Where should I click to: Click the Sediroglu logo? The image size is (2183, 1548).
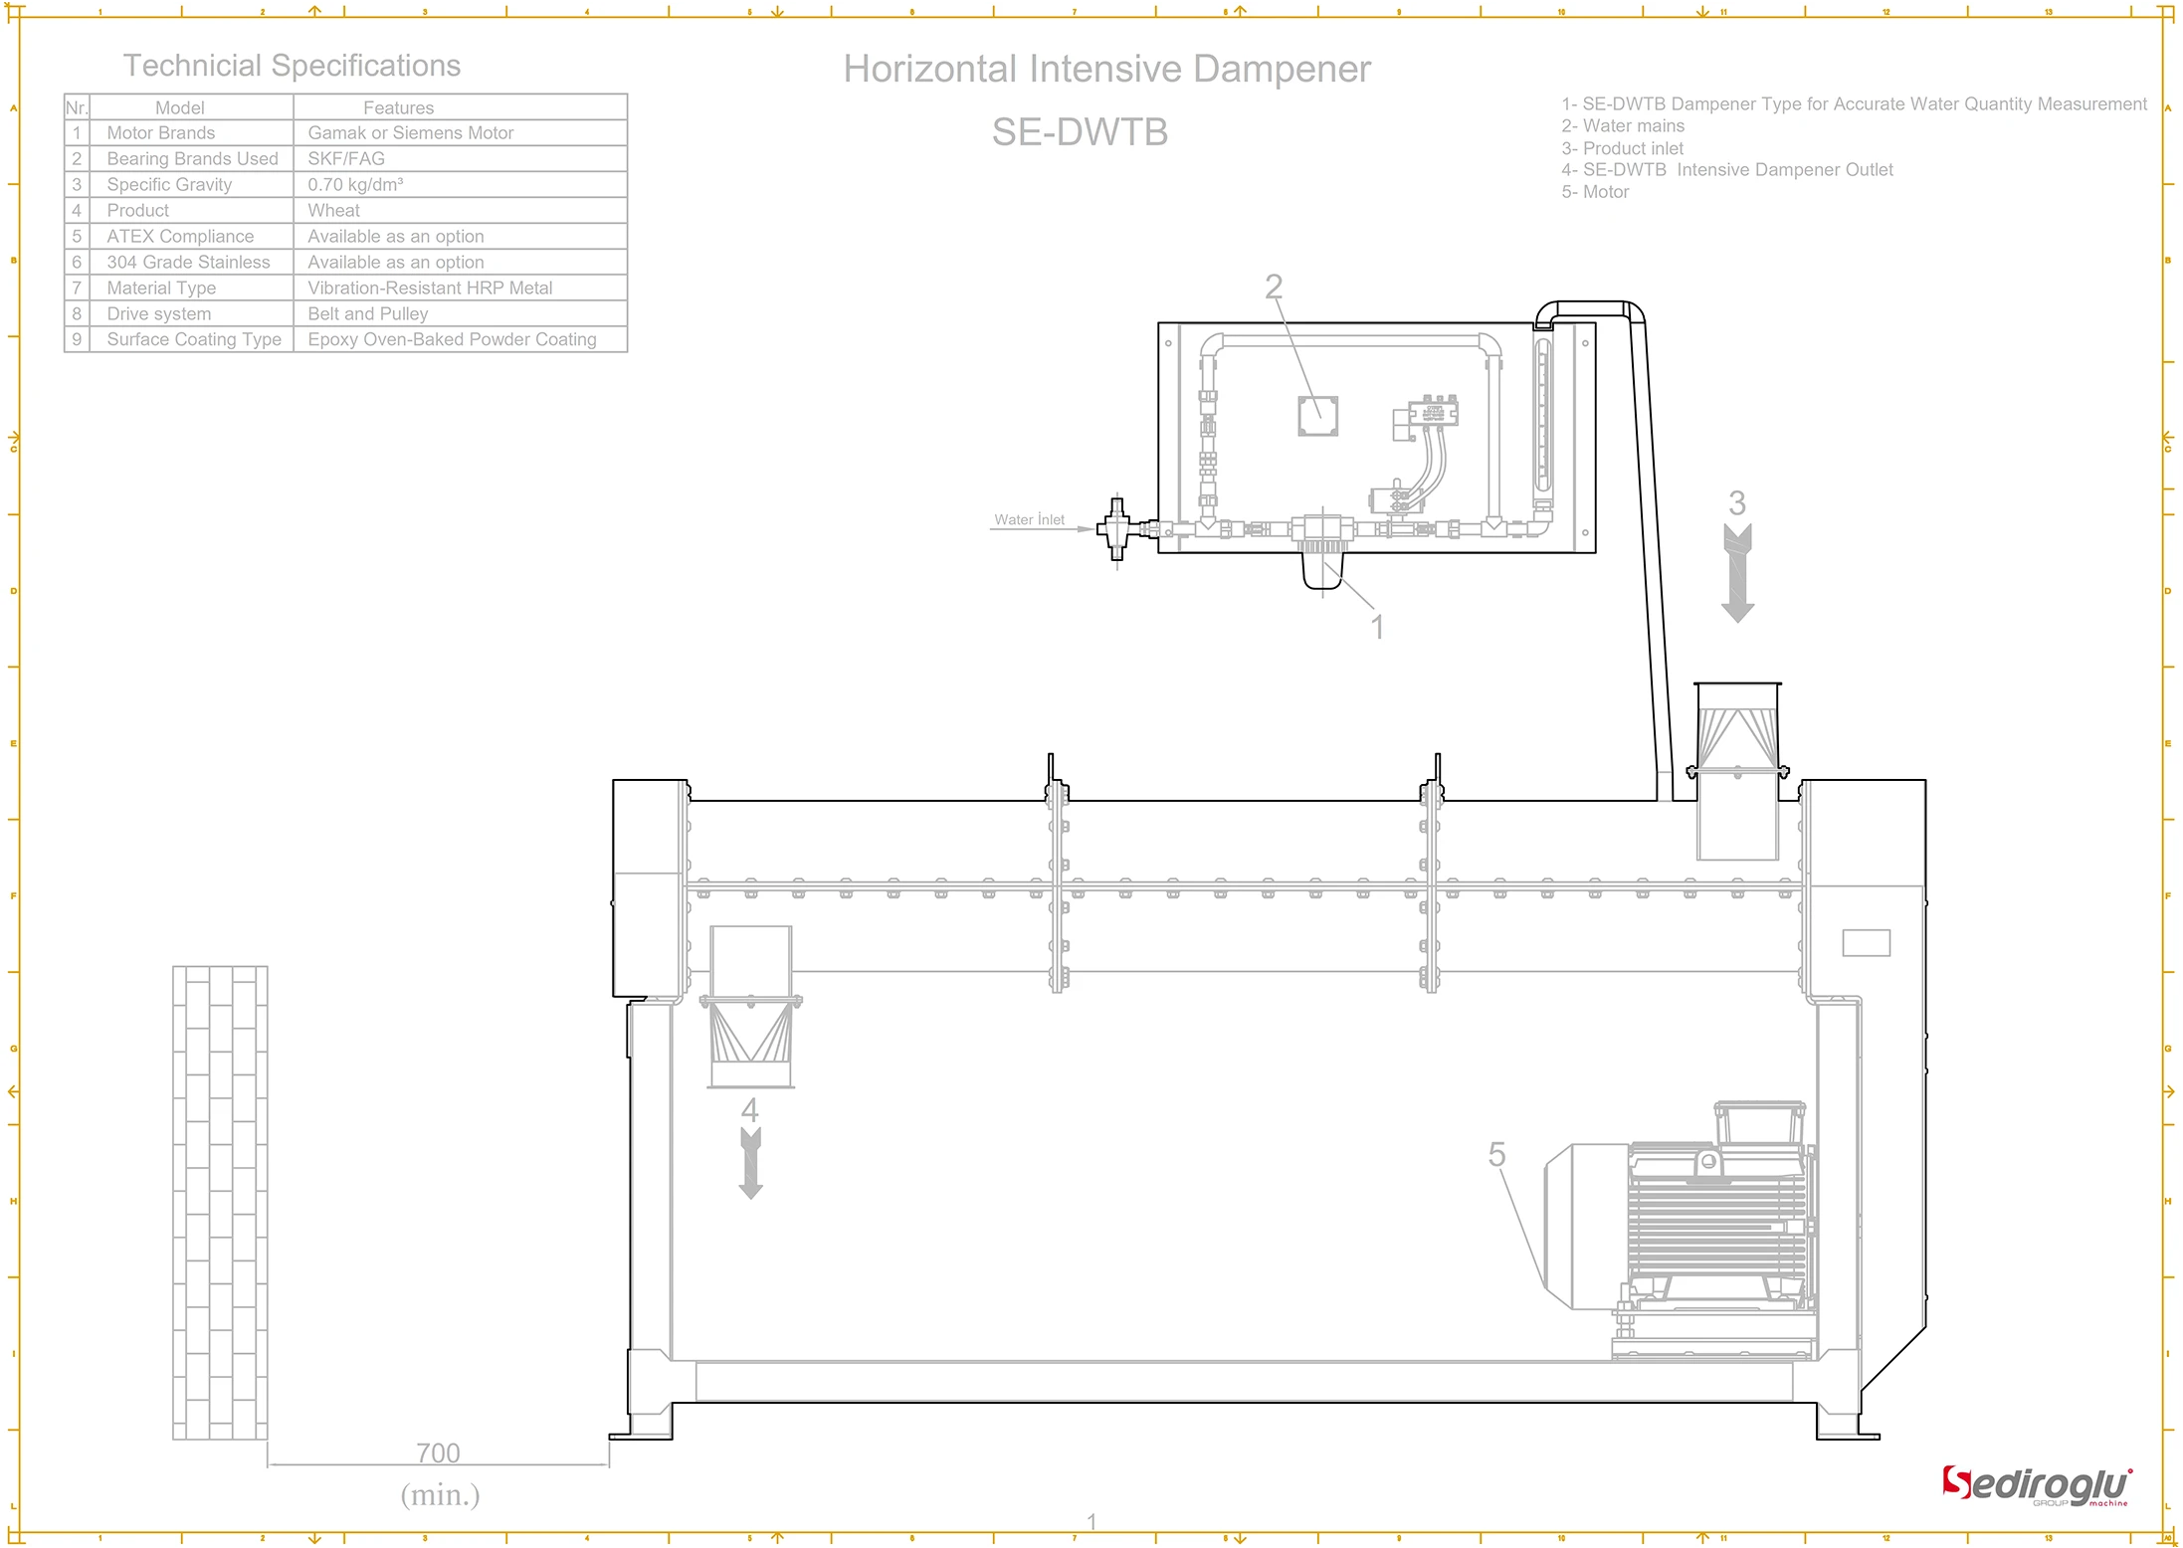[x=2036, y=1486]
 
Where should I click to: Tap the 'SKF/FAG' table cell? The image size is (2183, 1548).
[x=345, y=159]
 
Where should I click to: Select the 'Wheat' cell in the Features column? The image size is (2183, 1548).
[x=333, y=211]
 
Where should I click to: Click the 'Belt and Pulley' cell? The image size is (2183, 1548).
[x=367, y=314]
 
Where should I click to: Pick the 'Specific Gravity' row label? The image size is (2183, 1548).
[x=169, y=185]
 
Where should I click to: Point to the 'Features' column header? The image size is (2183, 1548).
[x=398, y=107]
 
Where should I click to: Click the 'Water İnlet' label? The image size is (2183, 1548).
[x=1029, y=519]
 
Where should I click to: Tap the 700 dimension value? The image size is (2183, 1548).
[x=438, y=1453]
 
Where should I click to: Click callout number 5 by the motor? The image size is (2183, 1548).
[x=1496, y=1155]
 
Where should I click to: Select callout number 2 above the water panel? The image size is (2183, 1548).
[x=1274, y=288]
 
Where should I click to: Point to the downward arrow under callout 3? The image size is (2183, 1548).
[x=1737, y=574]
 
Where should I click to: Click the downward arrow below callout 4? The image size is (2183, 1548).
[x=751, y=1164]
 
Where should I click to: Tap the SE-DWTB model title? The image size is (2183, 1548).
[x=1080, y=132]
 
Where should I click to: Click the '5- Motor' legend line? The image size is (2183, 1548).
[x=1595, y=193]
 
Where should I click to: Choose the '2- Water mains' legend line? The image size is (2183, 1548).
[x=1623, y=126]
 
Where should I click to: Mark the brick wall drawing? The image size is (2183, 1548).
[x=220, y=1203]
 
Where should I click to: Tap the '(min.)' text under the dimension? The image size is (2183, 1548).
[x=440, y=1494]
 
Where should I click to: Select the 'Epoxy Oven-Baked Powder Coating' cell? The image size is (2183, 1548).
[x=452, y=340]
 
